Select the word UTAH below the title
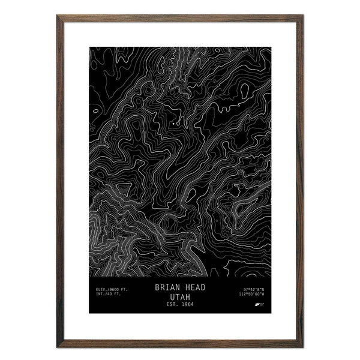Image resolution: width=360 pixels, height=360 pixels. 180,297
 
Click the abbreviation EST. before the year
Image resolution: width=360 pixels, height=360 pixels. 170,305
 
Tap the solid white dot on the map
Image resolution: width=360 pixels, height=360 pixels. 173,124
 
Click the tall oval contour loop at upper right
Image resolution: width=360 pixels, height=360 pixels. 245,91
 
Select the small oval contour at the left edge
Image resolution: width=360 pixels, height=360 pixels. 95,111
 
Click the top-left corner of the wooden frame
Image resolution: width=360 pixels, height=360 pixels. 58,16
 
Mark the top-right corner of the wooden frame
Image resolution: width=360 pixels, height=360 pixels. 302,16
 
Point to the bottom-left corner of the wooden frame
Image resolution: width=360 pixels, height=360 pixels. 58,347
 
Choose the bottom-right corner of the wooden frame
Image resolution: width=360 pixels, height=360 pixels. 302,347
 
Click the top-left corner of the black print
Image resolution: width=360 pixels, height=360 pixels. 90,47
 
